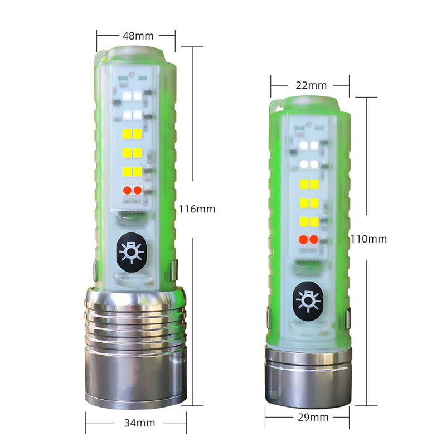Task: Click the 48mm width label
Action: (x=138, y=36)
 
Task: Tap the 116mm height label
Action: (x=197, y=209)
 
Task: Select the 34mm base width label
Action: (x=140, y=423)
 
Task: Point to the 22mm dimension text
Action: (x=311, y=85)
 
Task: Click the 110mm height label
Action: (x=369, y=239)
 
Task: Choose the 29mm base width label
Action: (x=313, y=417)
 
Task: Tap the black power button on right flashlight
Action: (x=308, y=300)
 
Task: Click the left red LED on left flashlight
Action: (x=127, y=190)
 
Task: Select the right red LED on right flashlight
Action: (x=314, y=240)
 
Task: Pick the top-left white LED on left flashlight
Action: (x=127, y=96)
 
